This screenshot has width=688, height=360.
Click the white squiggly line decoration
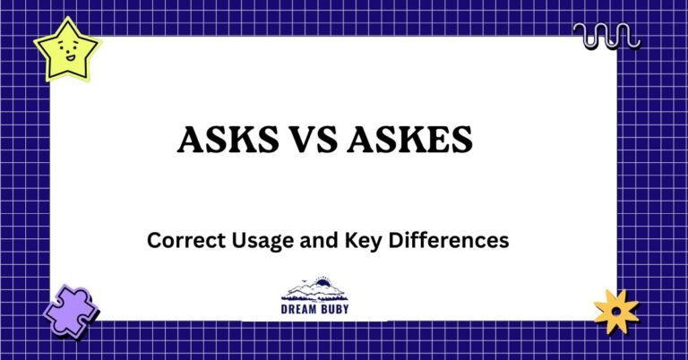(x=606, y=37)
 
